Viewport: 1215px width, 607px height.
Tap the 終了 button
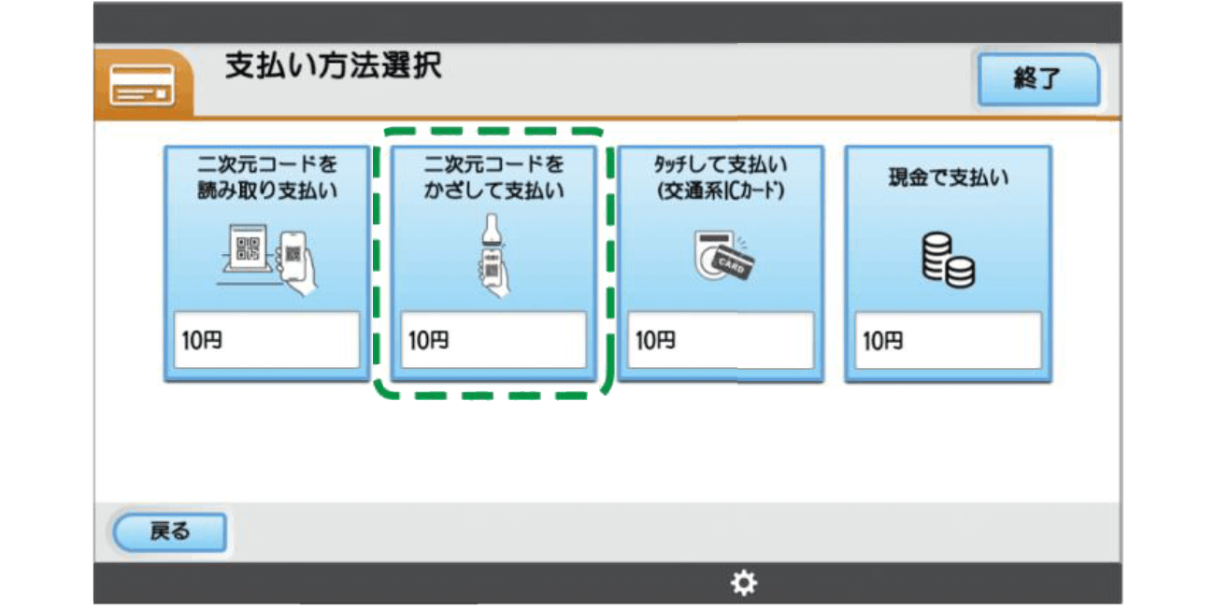(x=1037, y=79)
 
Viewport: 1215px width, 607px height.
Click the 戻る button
(x=169, y=532)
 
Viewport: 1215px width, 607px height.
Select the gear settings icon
(x=744, y=584)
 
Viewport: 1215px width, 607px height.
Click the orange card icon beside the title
(x=142, y=85)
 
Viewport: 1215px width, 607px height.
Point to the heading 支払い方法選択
(x=333, y=67)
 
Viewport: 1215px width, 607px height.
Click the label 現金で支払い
(x=948, y=177)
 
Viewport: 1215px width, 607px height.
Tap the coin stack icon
(x=948, y=260)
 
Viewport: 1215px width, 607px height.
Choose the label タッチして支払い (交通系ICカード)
(x=721, y=177)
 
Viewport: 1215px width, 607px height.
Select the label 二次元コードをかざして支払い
(x=493, y=177)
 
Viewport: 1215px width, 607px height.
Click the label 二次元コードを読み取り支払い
(x=266, y=177)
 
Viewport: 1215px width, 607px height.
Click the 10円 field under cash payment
(x=948, y=341)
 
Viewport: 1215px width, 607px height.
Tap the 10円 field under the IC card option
(x=721, y=341)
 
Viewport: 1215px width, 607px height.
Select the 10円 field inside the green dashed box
(x=493, y=341)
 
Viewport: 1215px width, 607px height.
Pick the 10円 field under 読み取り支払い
(x=266, y=341)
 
